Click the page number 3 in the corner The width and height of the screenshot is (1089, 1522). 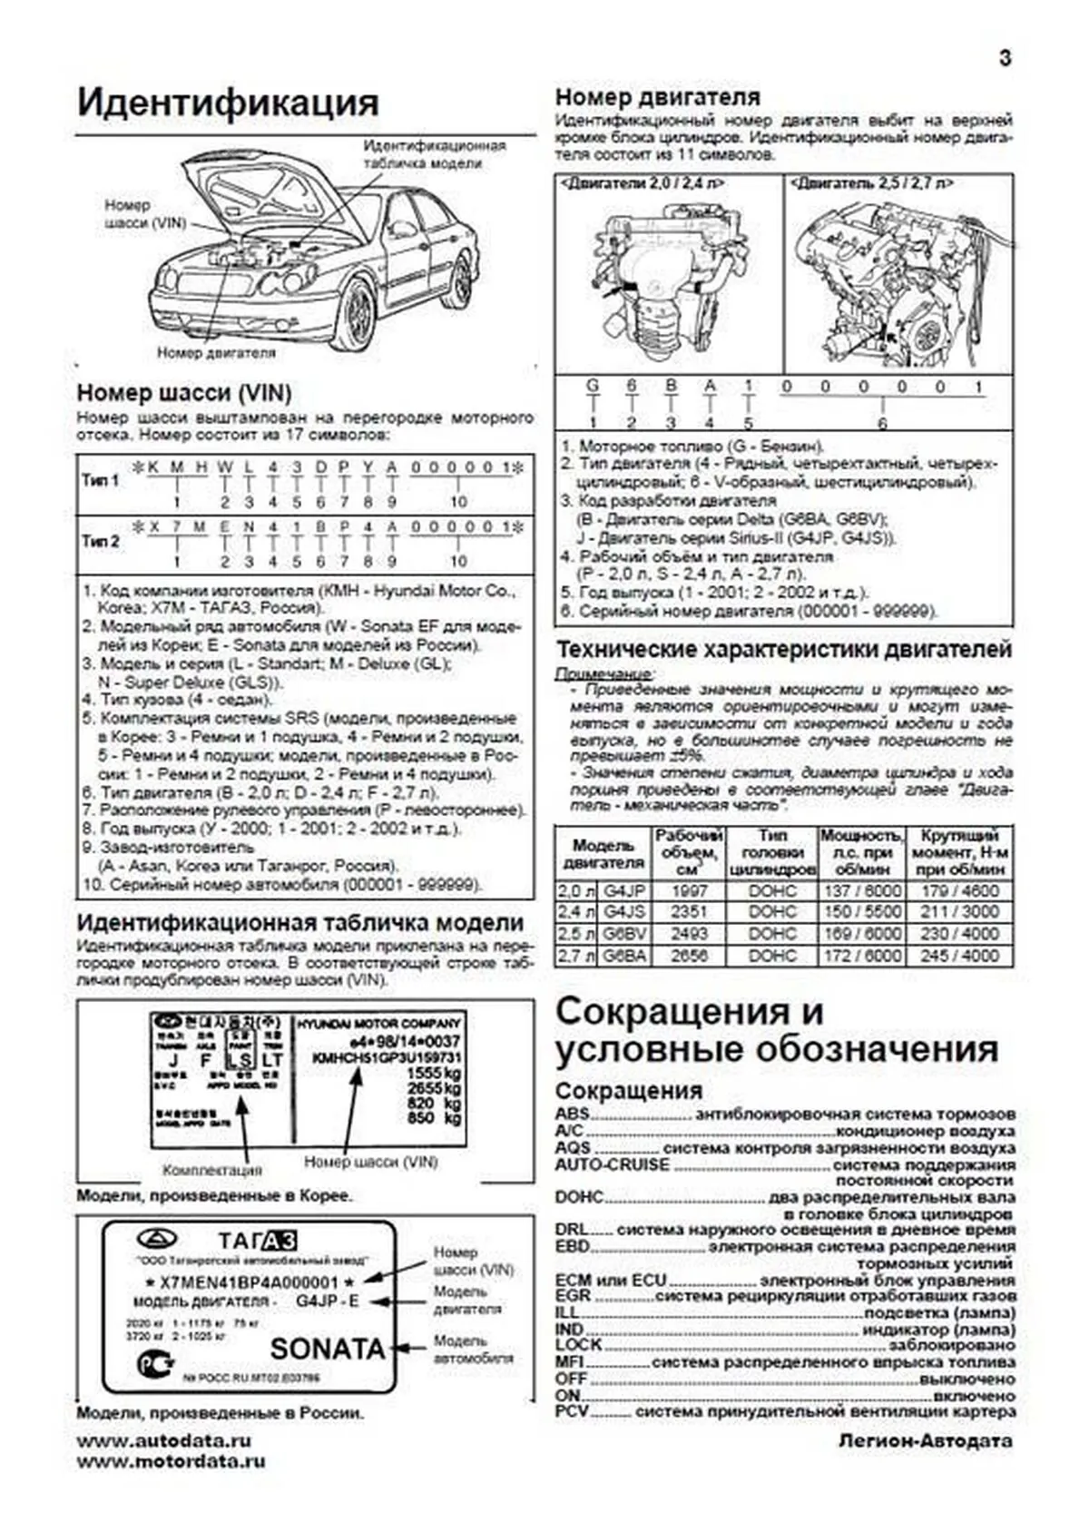(1005, 58)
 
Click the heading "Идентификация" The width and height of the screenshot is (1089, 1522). (227, 102)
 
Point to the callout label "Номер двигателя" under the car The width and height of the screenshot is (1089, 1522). (216, 352)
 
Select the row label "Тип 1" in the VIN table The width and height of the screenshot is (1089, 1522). (100, 480)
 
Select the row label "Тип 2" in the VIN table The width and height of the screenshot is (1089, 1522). (100, 541)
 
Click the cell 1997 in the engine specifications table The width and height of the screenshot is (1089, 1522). (689, 890)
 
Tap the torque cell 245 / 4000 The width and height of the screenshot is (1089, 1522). (959, 956)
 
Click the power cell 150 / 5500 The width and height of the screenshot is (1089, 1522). (861, 912)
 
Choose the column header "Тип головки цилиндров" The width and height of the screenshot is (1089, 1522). (772, 852)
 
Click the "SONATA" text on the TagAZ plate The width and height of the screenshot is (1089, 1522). (327, 1349)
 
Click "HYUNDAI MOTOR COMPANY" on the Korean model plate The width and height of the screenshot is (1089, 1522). (378, 1023)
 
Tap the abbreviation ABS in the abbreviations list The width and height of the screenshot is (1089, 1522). (572, 1114)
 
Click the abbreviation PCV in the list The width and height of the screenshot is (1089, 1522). (572, 1412)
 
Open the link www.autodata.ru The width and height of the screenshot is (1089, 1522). (164, 1440)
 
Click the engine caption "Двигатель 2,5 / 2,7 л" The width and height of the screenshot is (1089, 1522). (871, 183)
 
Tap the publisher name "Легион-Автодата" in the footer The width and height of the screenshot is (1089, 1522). (925, 1441)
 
